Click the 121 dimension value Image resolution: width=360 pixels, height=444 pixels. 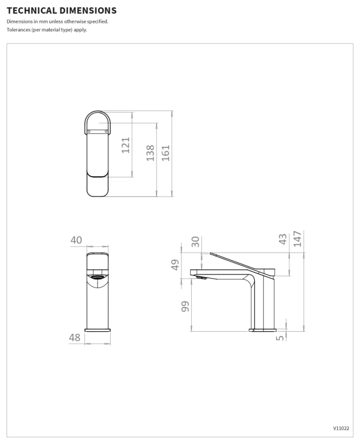[x=125, y=145]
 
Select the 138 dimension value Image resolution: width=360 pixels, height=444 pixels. [x=150, y=153]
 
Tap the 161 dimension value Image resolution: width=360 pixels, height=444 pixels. [x=166, y=153]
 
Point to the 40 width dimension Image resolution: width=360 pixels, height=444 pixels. [x=76, y=240]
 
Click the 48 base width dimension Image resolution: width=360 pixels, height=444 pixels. [x=74, y=338]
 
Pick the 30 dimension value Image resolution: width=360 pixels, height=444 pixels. [x=196, y=241]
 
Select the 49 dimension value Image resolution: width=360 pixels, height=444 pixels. [x=175, y=265]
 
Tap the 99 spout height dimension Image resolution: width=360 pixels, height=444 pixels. [x=185, y=307]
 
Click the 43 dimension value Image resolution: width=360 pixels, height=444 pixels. [x=283, y=239]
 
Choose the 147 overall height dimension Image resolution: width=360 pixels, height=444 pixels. [x=297, y=239]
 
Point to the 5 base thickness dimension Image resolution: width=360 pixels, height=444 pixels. [x=279, y=338]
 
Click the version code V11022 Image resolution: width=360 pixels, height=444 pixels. [x=341, y=428]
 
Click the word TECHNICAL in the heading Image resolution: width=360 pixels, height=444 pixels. [x=31, y=10]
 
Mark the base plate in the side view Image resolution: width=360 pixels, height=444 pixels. [x=263, y=330]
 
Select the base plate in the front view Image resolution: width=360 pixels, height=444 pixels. [x=98, y=330]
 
